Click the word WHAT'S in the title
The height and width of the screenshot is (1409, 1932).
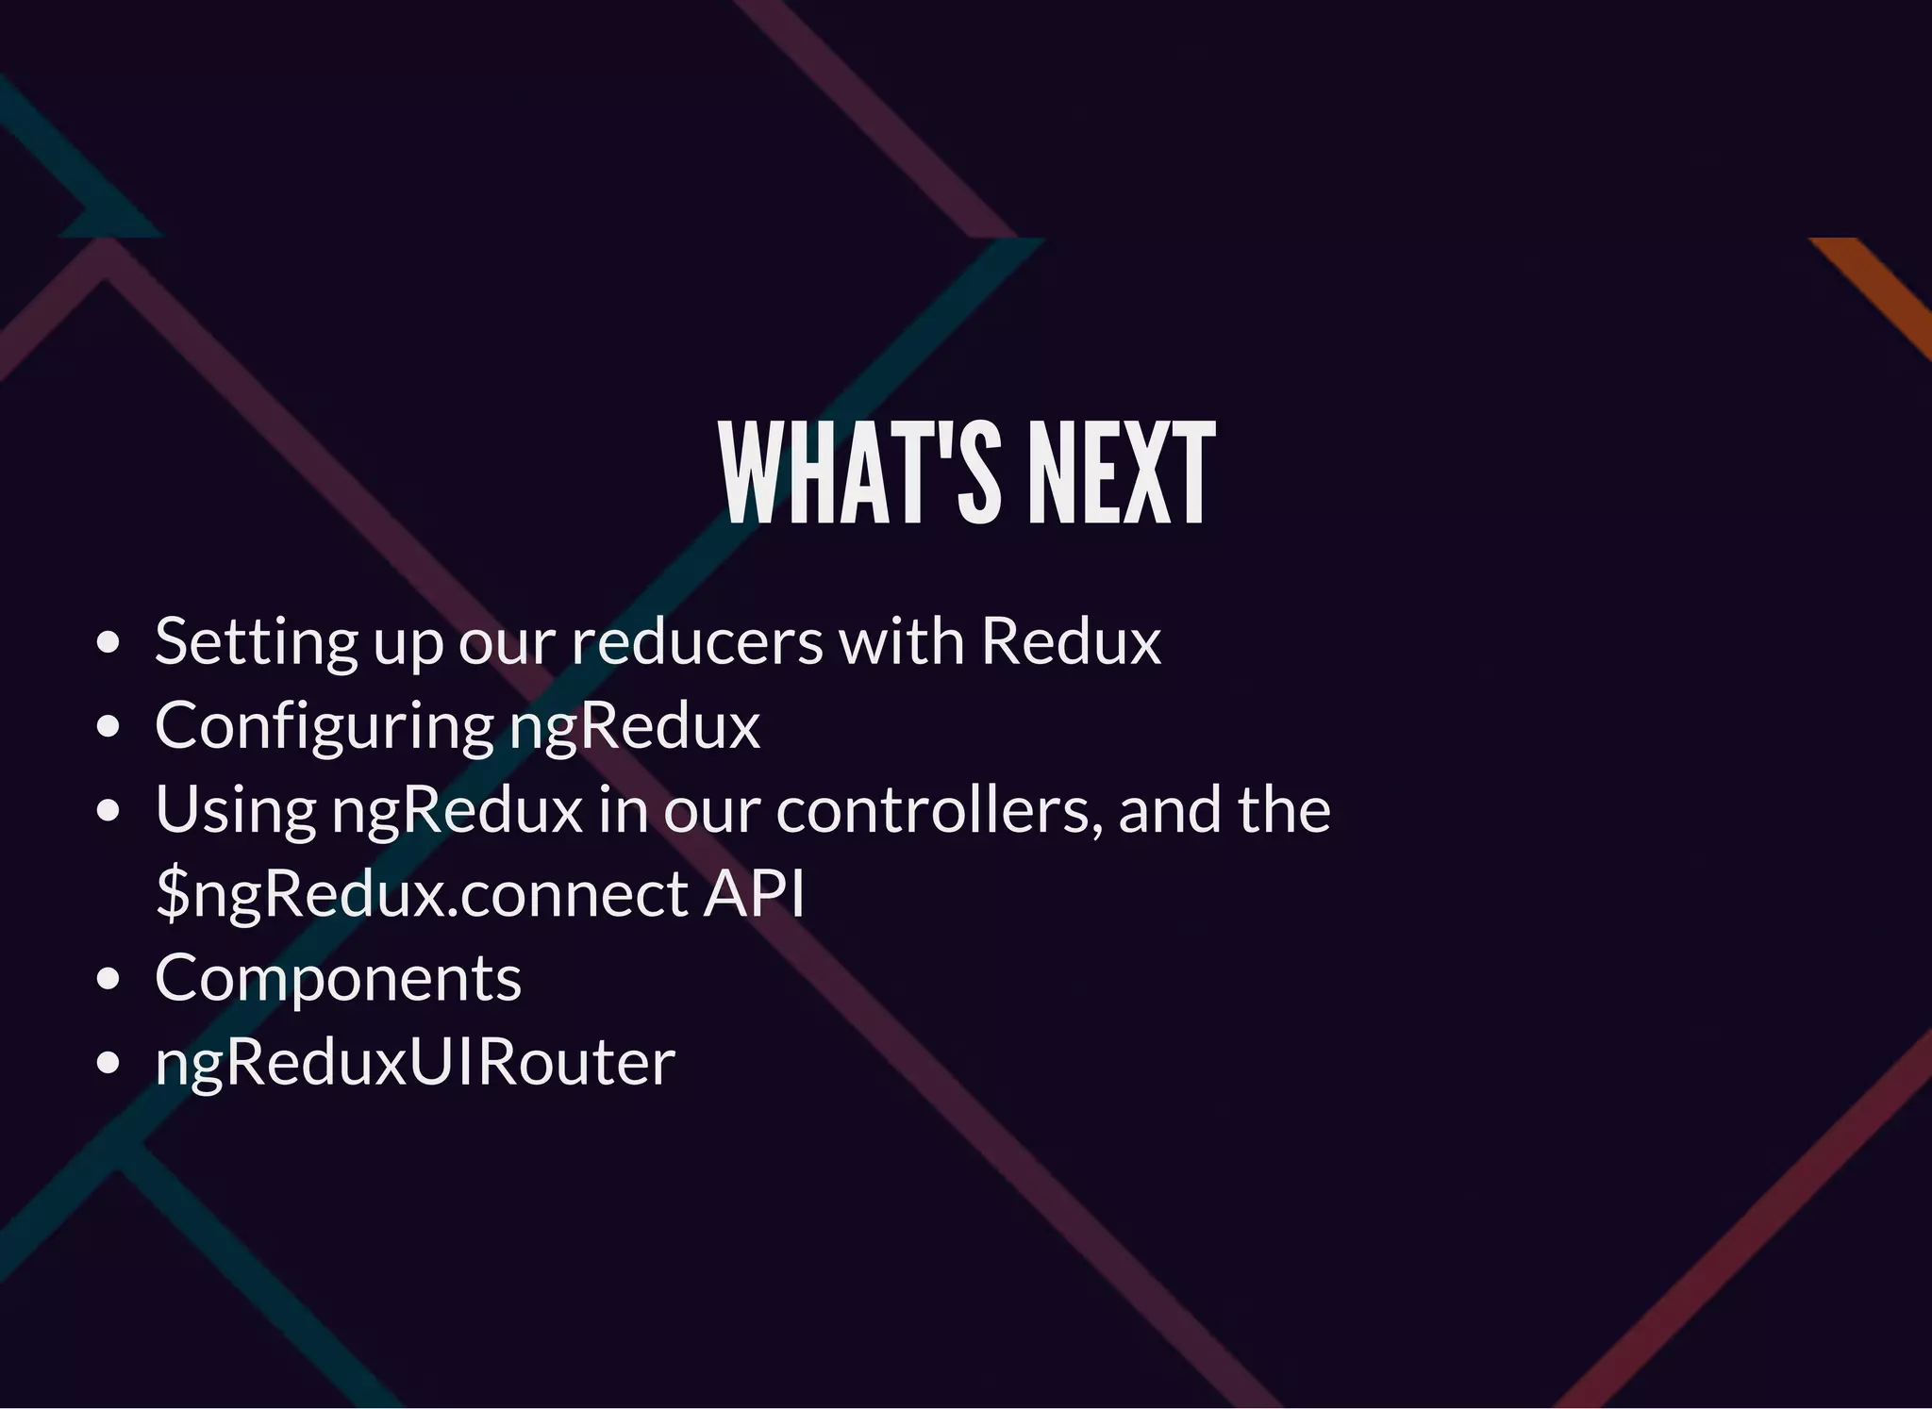coord(859,472)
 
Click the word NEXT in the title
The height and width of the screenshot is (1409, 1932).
coord(1121,472)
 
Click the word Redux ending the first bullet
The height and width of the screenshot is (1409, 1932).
coord(1071,641)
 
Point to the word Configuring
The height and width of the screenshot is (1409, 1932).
coord(325,727)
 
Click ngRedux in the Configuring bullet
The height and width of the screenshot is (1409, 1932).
coord(635,725)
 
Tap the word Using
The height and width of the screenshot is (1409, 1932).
coord(236,811)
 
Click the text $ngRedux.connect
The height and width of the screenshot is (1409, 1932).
coord(423,893)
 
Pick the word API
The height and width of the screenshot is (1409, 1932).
coord(755,892)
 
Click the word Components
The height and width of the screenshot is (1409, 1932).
coord(338,978)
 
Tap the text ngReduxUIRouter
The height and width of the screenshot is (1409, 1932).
coord(415,1063)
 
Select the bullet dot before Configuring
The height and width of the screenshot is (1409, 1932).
coord(108,727)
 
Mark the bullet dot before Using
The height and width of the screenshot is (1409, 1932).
coord(108,811)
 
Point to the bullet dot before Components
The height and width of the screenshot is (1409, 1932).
coord(108,979)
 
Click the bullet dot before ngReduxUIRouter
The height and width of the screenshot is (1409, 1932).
coord(108,1063)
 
